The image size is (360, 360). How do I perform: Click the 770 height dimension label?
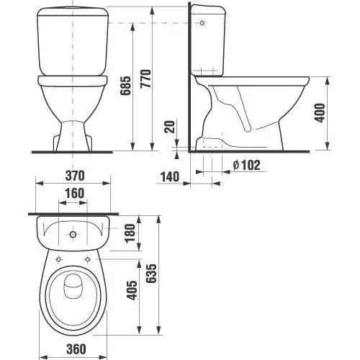[x=146, y=78]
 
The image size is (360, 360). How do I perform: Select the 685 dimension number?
[x=126, y=86]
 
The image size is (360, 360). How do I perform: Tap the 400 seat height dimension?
[x=320, y=113]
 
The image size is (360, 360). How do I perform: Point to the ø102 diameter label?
[x=246, y=166]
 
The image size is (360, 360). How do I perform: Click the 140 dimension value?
[x=170, y=177]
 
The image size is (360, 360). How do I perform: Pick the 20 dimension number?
[x=170, y=127]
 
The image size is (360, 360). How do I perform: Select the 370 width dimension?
[x=75, y=176]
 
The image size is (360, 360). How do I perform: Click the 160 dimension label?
[x=75, y=194]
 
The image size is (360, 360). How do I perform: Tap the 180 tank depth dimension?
[x=130, y=233]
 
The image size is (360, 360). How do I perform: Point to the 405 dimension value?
[x=132, y=290]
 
